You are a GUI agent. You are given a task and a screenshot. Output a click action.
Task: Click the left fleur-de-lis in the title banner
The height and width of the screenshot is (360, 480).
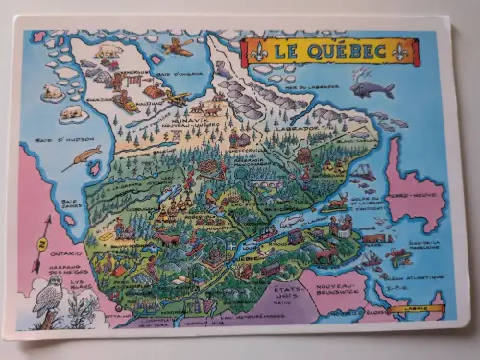pos(253,51)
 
